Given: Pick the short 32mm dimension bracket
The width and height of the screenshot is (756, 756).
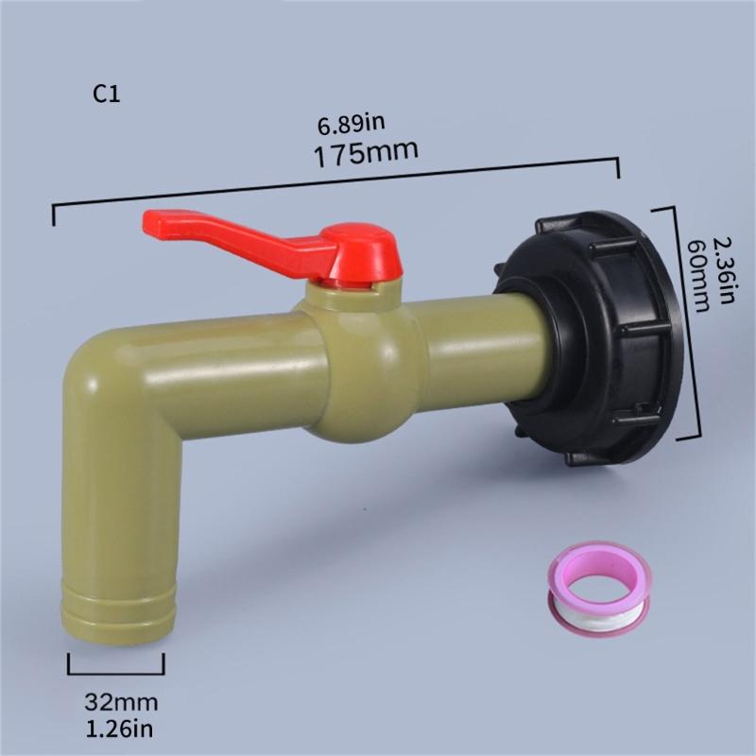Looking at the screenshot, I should (115, 672).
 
